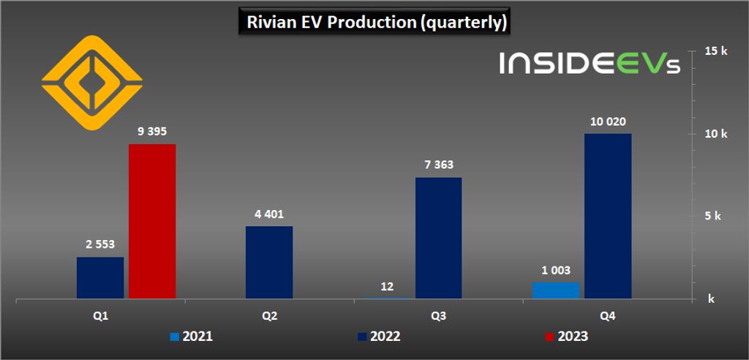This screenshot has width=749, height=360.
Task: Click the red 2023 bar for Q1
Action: click(152, 221)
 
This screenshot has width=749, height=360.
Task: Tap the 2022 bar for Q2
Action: click(269, 262)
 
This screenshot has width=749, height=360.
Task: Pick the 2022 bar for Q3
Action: click(438, 238)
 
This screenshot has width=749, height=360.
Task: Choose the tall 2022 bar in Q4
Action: click(608, 216)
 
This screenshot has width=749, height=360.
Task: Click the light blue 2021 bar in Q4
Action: click(556, 290)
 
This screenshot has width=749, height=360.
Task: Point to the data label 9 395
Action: click(152, 132)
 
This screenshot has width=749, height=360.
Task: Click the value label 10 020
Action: click(608, 121)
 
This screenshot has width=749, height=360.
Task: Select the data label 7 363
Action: click(438, 165)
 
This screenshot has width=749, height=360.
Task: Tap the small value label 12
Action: click(387, 287)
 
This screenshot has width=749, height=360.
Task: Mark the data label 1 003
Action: click(556, 270)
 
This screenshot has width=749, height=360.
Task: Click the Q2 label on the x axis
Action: click(269, 316)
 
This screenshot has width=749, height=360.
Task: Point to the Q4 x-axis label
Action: click(608, 316)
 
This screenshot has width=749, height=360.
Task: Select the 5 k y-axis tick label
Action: click(713, 217)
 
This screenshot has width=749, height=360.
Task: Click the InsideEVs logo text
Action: click(590, 64)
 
